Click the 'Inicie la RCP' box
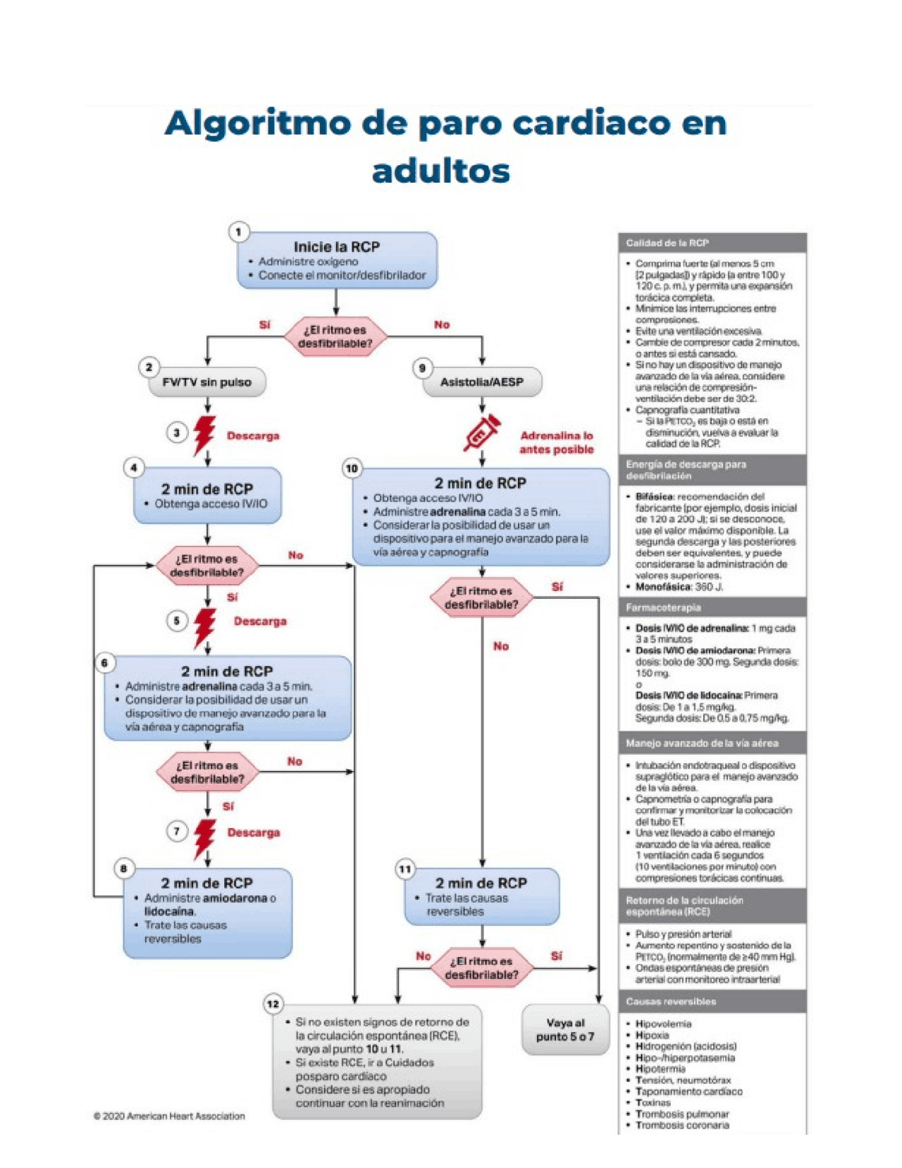tap(337, 260)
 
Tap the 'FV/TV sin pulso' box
tap(207, 382)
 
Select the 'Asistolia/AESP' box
tap(482, 382)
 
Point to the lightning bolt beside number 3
tap(204, 434)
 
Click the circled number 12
tap(273, 1004)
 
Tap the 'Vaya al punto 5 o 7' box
tap(565, 1030)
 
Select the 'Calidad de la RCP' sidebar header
tap(712, 243)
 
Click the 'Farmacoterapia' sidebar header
tap(712, 607)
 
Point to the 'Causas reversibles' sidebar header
tap(712, 1002)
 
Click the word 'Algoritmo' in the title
tap(257, 123)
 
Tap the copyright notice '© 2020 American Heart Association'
tap(169, 1116)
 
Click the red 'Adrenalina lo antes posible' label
tap(557, 442)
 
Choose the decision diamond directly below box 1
tap(335, 336)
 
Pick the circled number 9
tap(422, 367)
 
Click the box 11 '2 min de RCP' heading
tap(481, 883)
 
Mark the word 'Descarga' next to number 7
tap(254, 832)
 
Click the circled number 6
tap(104, 662)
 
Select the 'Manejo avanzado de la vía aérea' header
tap(712, 743)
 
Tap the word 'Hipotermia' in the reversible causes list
tap(660, 1069)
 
